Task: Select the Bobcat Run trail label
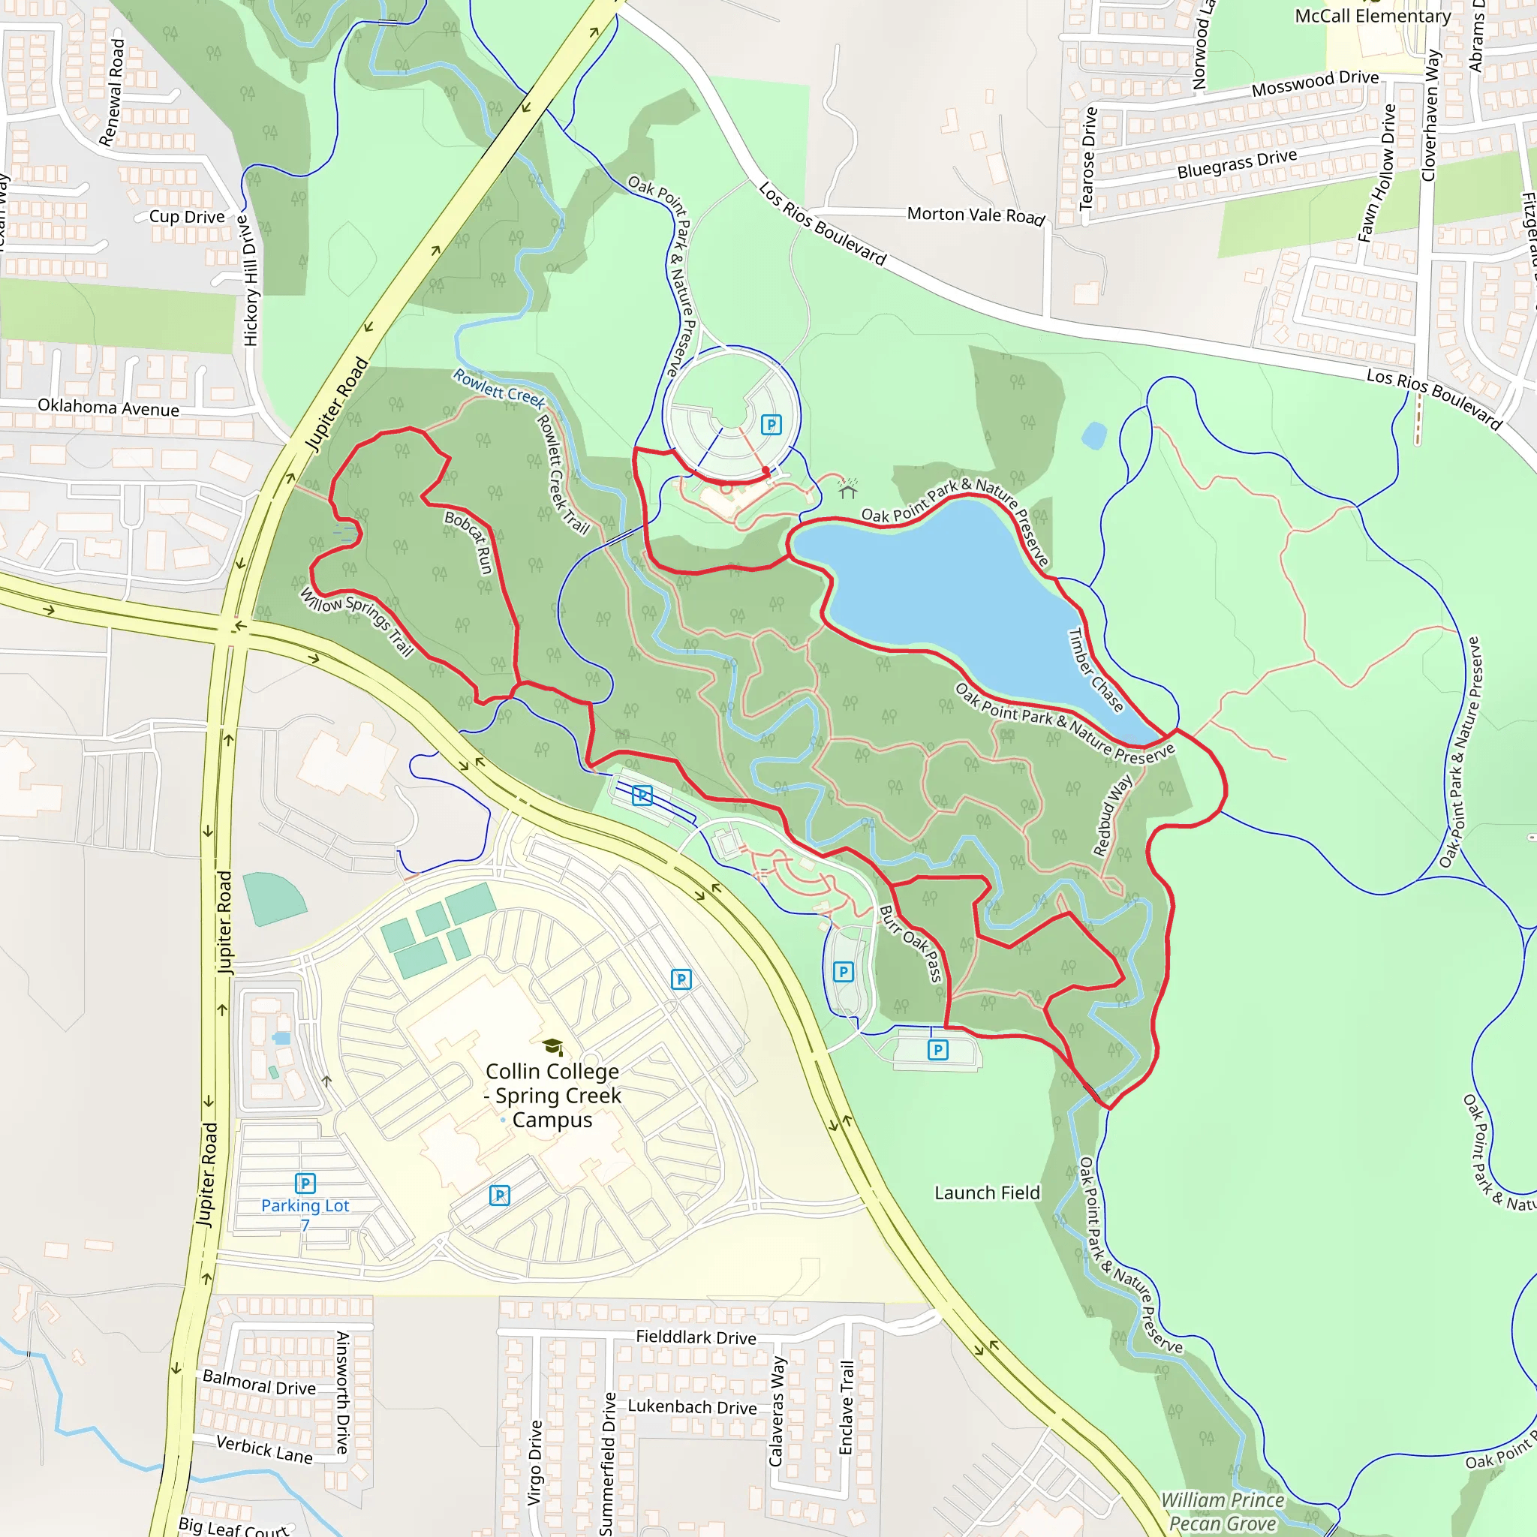click(x=469, y=542)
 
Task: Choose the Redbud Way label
click(x=1112, y=817)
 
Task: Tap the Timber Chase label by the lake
click(x=1095, y=670)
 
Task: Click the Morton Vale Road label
click(x=976, y=215)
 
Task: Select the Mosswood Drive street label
click(x=1314, y=83)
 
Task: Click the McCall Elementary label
click(x=1373, y=16)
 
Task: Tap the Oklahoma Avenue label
click(x=108, y=408)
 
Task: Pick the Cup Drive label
click(x=187, y=216)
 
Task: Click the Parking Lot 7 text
click(x=305, y=1214)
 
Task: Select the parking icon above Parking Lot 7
click(x=305, y=1183)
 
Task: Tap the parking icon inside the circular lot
click(x=770, y=424)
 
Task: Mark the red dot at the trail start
click(x=766, y=470)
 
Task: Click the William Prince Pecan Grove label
click(x=1222, y=1511)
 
